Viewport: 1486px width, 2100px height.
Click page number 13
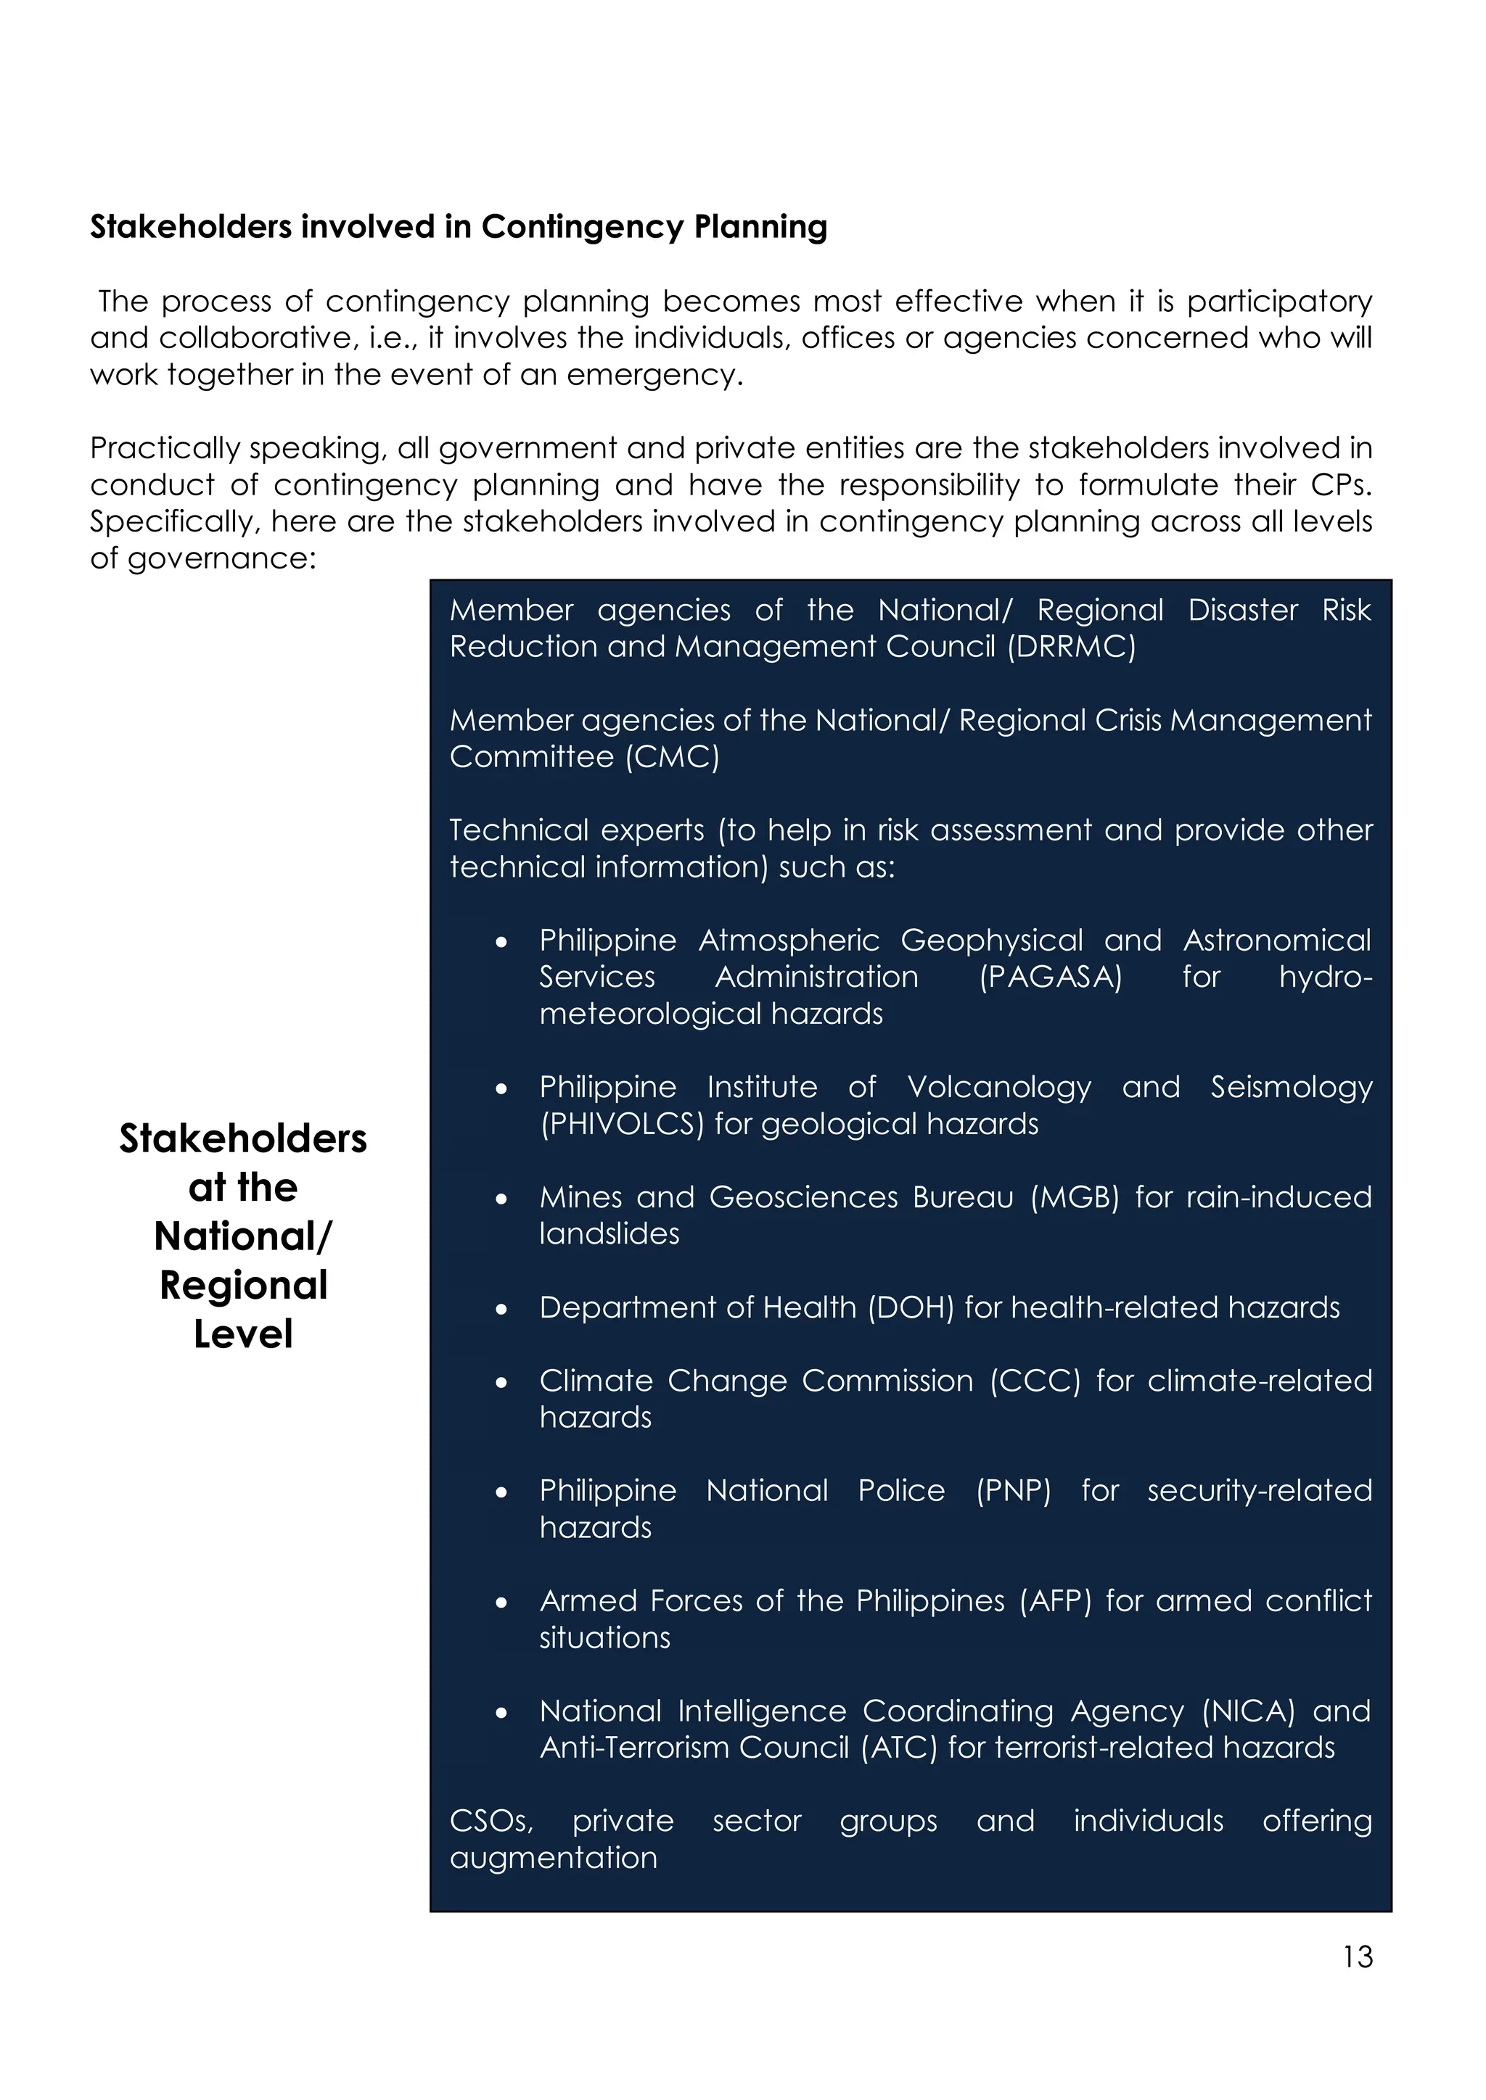click(x=1358, y=1956)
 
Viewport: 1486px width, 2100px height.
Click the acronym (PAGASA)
click(x=1051, y=977)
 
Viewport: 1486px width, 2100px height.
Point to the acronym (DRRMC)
click(x=1072, y=647)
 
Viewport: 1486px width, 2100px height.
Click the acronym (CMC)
click(x=673, y=756)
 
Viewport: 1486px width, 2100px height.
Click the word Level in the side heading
click(x=243, y=1334)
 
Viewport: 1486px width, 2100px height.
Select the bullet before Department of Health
click(x=501, y=1310)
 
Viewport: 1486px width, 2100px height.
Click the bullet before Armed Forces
click(x=501, y=1603)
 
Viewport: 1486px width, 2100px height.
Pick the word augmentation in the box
click(x=554, y=1858)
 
